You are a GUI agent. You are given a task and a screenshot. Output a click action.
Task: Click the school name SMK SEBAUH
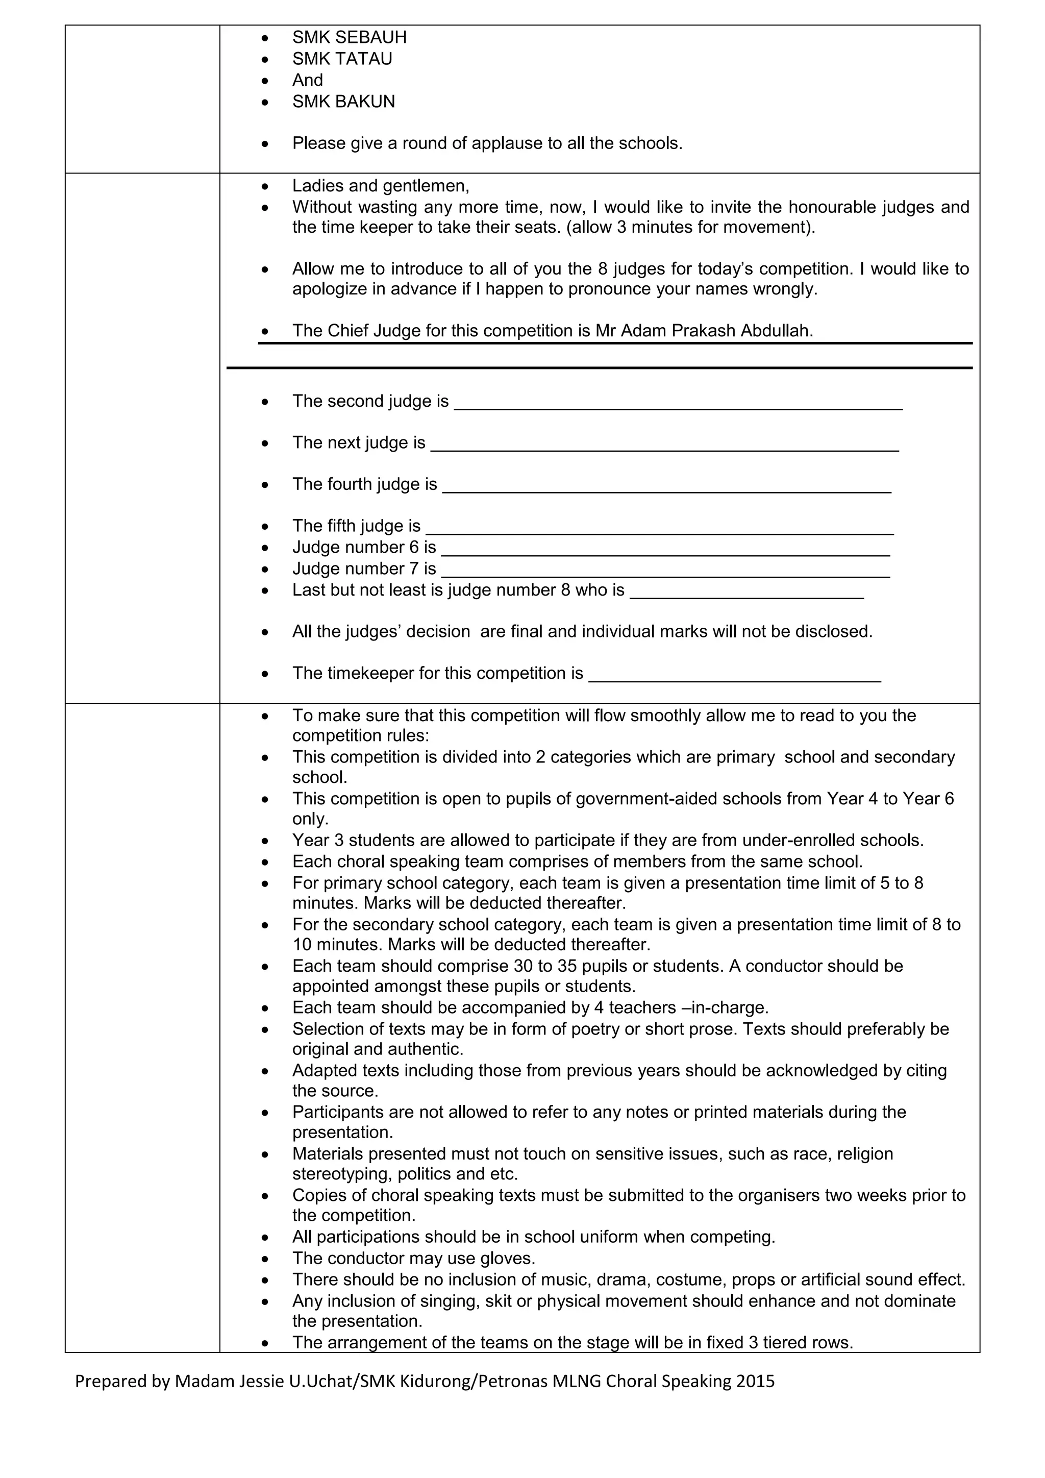pos(349,37)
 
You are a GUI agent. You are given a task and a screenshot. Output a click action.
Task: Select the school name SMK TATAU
pos(342,59)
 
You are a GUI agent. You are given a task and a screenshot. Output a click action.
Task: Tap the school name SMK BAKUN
pos(343,102)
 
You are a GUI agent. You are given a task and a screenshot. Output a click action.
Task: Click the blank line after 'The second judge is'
pos(678,406)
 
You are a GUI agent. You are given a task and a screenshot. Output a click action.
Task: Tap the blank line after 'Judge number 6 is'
pos(665,552)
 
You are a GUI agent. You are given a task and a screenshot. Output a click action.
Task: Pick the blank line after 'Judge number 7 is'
pos(665,573)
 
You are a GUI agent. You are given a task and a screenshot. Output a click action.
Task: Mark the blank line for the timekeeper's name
pos(735,677)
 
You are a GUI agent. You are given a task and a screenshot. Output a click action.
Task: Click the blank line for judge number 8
pos(747,595)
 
